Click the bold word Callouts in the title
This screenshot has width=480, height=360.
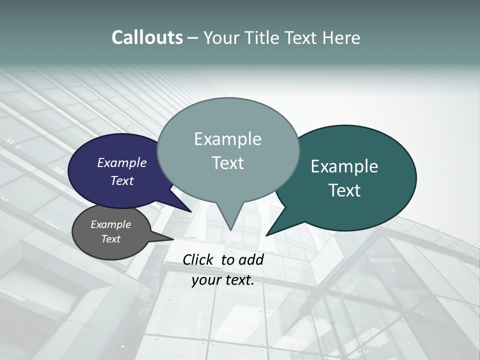pyautogui.click(x=147, y=38)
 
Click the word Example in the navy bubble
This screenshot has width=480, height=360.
pyautogui.click(x=121, y=162)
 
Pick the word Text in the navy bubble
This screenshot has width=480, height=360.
pyautogui.click(x=121, y=180)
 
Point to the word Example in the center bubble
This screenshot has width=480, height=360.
pyautogui.click(x=227, y=139)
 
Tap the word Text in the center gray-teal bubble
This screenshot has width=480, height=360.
pyautogui.click(x=227, y=163)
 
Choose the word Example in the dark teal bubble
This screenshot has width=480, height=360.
pyautogui.click(x=344, y=166)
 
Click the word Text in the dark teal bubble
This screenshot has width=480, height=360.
pyautogui.click(x=344, y=190)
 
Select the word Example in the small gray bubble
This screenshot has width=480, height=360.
pyautogui.click(x=110, y=224)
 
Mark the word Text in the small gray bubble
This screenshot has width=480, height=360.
pyautogui.click(x=110, y=239)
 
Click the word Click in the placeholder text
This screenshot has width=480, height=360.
pyautogui.click(x=198, y=259)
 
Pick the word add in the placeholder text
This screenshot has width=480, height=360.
pyautogui.click(x=251, y=259)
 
